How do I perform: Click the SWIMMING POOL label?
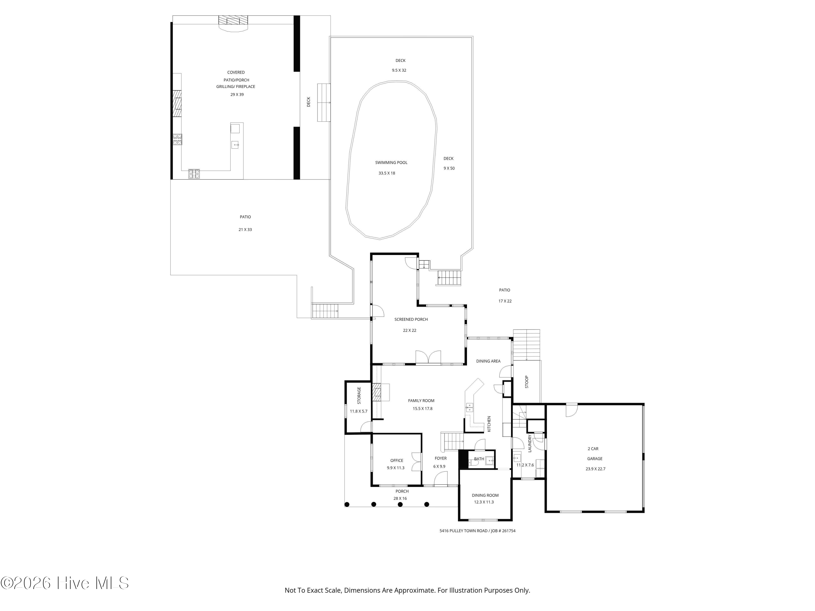pos(391,162)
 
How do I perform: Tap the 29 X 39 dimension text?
pos(237,95)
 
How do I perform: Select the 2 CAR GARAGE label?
pos(594,454)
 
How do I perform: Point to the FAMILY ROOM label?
pos(421,401)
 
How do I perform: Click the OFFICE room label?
pos(397,460)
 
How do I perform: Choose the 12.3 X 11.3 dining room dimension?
pos(484,502)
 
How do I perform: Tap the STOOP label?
pos(526,382)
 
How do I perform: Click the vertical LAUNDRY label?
pos(530,443)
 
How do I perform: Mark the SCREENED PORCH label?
pos(411,319)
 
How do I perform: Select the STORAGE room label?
pos(359,396)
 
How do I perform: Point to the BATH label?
pos(479,459)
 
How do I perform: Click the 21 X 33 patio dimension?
pos(245,229)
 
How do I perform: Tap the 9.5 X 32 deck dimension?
pos(399,70)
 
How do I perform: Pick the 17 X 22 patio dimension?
pos(505,301)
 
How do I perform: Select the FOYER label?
pos(441,458)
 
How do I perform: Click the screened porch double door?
pos(428,357)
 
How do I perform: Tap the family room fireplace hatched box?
pos(377,392)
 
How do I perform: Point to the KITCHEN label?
pos(489,424)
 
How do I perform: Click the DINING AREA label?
pos(488,361)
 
